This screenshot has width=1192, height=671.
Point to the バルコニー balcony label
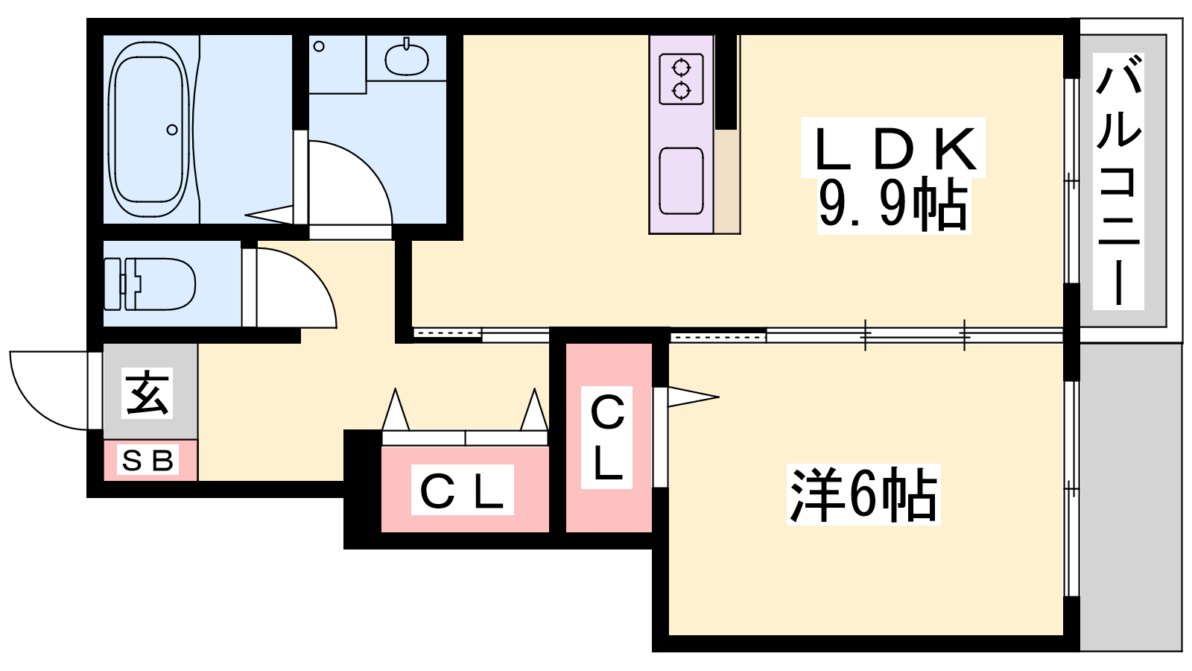1118,183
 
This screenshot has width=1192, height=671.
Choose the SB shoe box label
149,461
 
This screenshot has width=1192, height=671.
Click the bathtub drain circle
172,130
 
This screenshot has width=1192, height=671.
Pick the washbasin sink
407,59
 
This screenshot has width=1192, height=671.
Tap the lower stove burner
681,91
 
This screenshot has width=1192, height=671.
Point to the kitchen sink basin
681,180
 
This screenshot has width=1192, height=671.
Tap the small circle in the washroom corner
319,46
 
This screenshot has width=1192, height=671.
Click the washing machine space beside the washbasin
337,64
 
